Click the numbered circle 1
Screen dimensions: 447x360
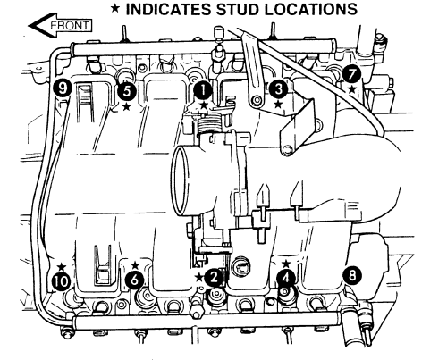tap(203, 90)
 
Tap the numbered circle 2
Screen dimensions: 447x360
tap(214, 278)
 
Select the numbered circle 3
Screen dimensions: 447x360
tap(279, 89)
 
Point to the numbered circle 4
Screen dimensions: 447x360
tap(286, 278)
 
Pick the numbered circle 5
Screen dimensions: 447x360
tap(127, 91)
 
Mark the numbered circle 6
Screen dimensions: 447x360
tap(135, 280)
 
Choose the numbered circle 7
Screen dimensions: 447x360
tap(352, 74)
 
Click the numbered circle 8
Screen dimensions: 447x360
tap(352, 275)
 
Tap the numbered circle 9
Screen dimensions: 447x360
tap(63, 88)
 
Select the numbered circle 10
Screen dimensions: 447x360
tap(62, 281)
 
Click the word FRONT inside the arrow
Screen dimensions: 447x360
tap(70, 26)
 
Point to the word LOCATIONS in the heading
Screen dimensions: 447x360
tap(311, 9)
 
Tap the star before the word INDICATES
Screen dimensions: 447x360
tap(115, 9)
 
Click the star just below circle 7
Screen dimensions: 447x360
tap(352, 88)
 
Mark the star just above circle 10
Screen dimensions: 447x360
tap(62, 266)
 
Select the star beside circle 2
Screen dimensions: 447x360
tap(199, 278)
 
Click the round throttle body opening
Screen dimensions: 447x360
tap(181, 181)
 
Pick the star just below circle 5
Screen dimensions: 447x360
tap(127, 106)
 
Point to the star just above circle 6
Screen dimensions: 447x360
tap(135, 264)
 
